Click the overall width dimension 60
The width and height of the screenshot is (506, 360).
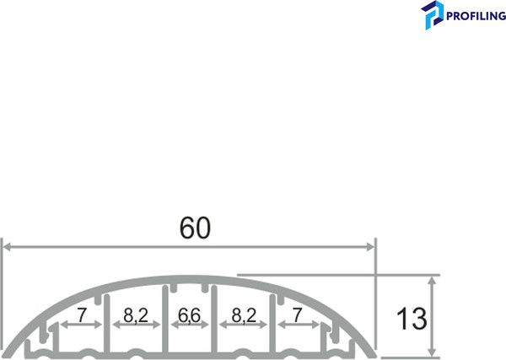tap(193, 228)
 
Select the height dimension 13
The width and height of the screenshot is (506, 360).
tap(412, 319)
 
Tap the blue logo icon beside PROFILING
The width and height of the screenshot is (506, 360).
tap(433, 15)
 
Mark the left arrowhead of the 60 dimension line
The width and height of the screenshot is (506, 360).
tap(5, 246)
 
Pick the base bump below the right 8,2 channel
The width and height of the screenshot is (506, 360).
tap(243, 352)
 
